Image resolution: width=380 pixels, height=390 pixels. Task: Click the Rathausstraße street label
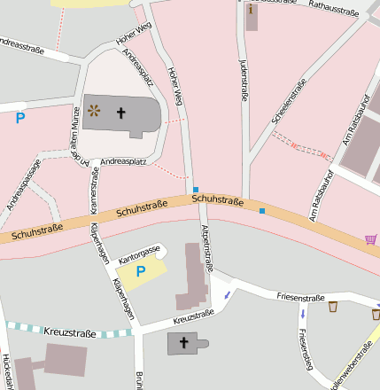coord(332,9)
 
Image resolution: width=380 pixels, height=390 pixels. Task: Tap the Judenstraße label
coord(244,80)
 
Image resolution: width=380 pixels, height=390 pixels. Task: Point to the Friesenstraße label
coord(303,296)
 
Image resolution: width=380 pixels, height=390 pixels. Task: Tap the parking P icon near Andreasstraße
coord(20,117)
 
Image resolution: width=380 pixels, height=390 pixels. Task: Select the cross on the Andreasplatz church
coord(120,113)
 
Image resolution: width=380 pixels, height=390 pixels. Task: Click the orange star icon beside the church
coord(95,112)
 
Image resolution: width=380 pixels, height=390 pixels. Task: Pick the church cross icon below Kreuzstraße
coord(184,342)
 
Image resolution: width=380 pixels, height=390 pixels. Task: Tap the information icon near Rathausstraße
coord(252,10)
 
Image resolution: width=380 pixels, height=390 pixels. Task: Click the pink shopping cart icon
coord(370,238)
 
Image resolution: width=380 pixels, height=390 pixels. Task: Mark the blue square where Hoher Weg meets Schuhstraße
coord(195,190)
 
